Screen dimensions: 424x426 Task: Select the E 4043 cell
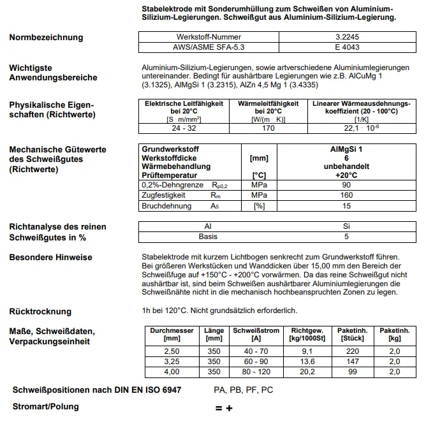[x=346, y=47]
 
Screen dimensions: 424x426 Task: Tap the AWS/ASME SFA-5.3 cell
[x=209, y=47]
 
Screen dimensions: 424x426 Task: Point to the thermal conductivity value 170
[x=268, y=128]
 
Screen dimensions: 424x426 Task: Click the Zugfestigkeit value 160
[x=346, y=195]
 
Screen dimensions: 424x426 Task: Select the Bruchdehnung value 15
[x=346, y=206]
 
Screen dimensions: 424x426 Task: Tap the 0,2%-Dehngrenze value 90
[x=346, y=185]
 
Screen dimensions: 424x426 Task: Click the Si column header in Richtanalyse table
[x=346, y=226]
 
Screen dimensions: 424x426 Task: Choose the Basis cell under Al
[x=208, y=237]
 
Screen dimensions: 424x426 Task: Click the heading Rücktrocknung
[x=40, y=311]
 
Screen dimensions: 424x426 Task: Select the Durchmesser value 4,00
[x=172, y=372]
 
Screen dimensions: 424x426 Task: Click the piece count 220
[x=352, y=351]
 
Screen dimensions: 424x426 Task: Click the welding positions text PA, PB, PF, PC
[x=243, y=390]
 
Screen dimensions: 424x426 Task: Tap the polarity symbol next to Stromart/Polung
[x=223, y=408]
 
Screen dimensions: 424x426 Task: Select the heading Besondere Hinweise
[x=50, y=258]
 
